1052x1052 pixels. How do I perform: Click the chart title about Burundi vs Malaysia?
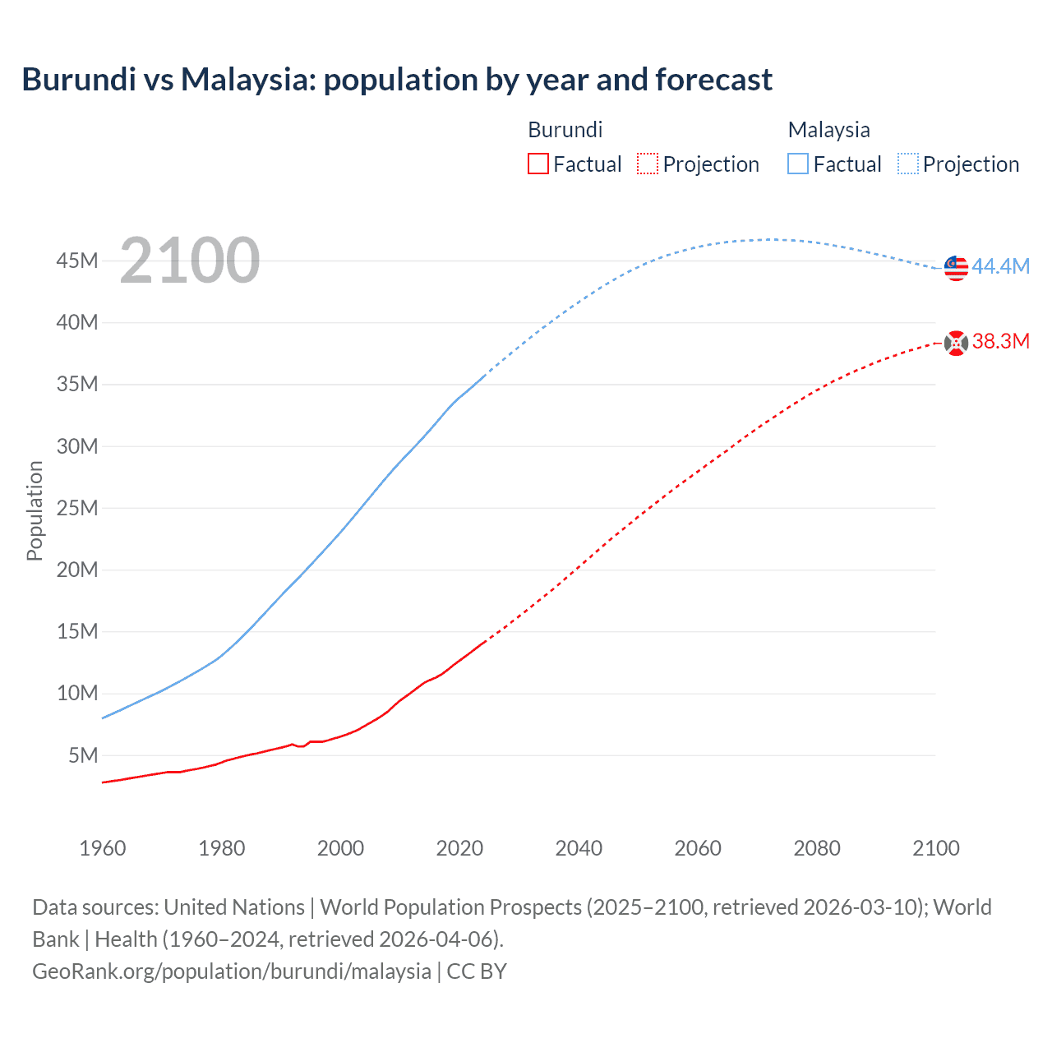pyautogui.click(x=397, y=80)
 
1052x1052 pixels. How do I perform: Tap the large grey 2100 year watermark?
pyautogui.click(x=190, y=261)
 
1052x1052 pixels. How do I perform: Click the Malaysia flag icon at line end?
pyautogui.click(x=956, y=268)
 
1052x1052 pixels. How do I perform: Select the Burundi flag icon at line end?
pyautogui.click(x=956, y=343)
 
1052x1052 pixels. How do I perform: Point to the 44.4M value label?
pyautogui.click(x=1000, y=266)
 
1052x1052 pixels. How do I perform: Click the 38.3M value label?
pyautogui.click(x=1000, y=342)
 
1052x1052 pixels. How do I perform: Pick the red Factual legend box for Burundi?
pyautogui.click(x=538, y=164)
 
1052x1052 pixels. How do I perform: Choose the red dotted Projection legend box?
pyautogui.click(x=648, y=164)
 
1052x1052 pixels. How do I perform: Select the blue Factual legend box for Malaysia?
pyautogui.click(x=798, y=164)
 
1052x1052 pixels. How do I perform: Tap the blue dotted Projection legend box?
pyautogui.click(x=908, y=164)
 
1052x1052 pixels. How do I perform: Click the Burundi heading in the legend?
pyautogui.click(x=565, y=130)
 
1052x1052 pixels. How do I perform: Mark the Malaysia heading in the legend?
pyautogui.click(x=828, y=130)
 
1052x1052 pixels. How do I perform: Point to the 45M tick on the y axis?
pyautogui.click(x=77, y=261)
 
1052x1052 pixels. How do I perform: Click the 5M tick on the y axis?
pyautogui.click(x=83, y=755)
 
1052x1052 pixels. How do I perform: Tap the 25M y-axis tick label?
pyautogui.click(x=77, y=508)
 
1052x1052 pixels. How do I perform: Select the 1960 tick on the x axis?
pyautogui.click(x=103, y=848)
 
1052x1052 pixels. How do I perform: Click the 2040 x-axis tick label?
pyautogui.click(x=579, y=848)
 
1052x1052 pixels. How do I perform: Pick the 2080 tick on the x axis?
pyautogui.click(x=817, y=848)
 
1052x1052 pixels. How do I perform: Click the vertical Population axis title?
pyautogui.click(x=35, y=510)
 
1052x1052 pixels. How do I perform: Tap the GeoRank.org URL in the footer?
pyautogui.click(x=232, y=971)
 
